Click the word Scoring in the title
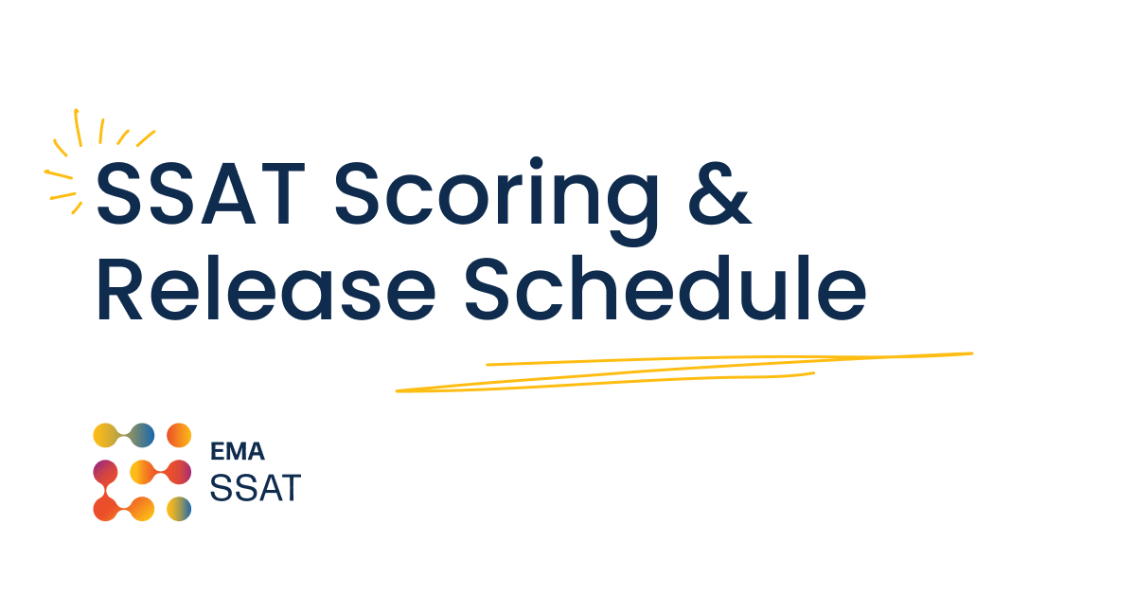pos(496,195)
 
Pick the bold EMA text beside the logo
pos(238,453)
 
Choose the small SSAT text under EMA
pos(255,488)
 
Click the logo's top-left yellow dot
pos(105,435)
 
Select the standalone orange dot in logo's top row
pos(179,435)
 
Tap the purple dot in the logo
pos(105,472)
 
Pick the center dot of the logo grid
pos(142,472)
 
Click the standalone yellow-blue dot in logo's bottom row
pos(179,509)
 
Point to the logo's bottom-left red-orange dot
pos(105,509)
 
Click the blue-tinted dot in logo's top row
pos(142,435)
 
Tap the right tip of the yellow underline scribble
pos(970,354)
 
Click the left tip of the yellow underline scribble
pos(399,389)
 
